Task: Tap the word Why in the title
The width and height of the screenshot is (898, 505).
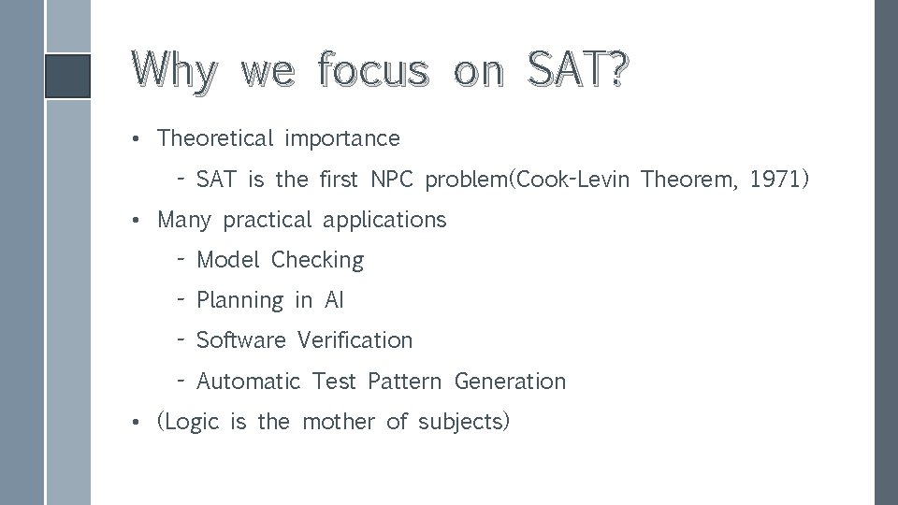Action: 175,71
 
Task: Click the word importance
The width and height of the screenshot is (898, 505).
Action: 342,138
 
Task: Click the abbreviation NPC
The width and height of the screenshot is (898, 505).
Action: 394,179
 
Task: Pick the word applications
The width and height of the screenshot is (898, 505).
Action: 384,220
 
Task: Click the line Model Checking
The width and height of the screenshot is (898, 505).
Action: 280,260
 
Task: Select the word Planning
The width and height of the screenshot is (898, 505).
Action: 239,300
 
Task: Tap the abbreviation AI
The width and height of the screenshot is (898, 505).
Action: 334,300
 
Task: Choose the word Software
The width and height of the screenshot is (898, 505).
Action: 241,340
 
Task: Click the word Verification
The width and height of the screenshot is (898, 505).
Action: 355,340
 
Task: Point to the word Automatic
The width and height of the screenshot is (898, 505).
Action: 249,382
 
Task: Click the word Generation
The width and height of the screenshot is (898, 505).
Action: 510,382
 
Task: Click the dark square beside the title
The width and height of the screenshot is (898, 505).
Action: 68,76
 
